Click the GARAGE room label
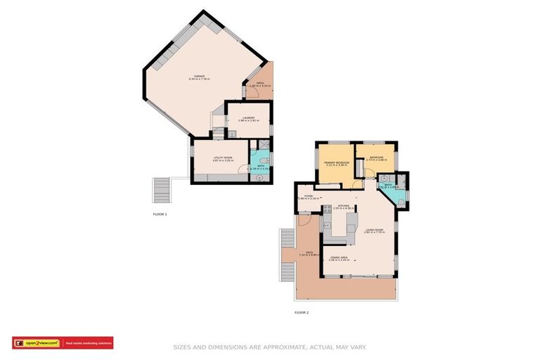click(x=200, y=77)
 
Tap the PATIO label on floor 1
click(x=259, y=84)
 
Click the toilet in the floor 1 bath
click(x=261, y=161)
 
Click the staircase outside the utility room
click(x=162, y=189)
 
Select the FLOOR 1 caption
click(x=160, y=213)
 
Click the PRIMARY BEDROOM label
click(x=337, y=162)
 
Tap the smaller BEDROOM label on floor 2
click(x=376, y=157)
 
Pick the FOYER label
click(x=308, y=196)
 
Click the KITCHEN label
click(x=344, y=206)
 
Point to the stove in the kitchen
click(x=328, y=209)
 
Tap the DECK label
click(x=309, y=252)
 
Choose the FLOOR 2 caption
click(x=301, y=311)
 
